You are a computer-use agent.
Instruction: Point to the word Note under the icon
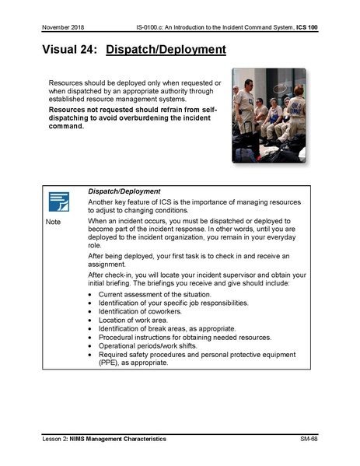(53, 222)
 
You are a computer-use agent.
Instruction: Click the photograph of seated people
(268, 114)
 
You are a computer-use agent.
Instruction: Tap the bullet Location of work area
(130, 320)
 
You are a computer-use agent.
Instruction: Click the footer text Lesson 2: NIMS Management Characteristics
(104, 440)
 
